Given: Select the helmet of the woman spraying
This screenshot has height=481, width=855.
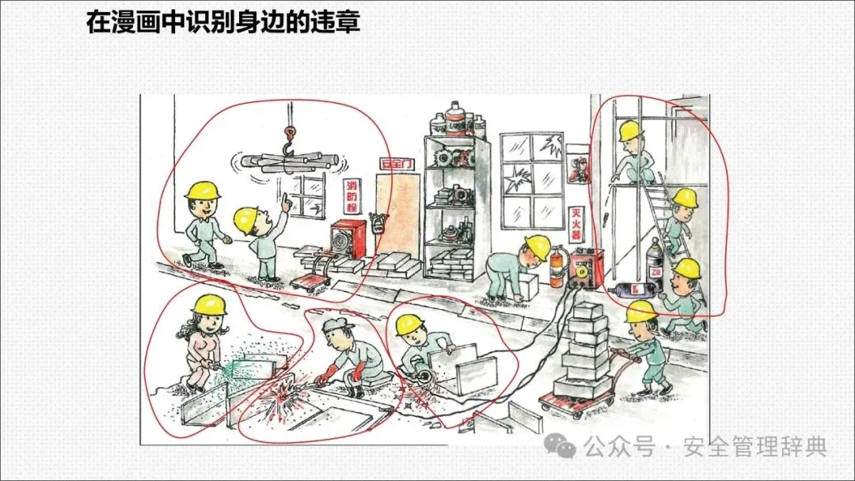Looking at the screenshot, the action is [x=211, y=305].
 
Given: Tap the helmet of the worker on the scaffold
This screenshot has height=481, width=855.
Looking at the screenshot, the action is [x=630, y=131].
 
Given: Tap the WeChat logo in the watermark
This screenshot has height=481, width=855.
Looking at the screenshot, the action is [x=565, y=448].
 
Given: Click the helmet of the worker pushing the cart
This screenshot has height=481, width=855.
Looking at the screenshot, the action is [x=641, y=312].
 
